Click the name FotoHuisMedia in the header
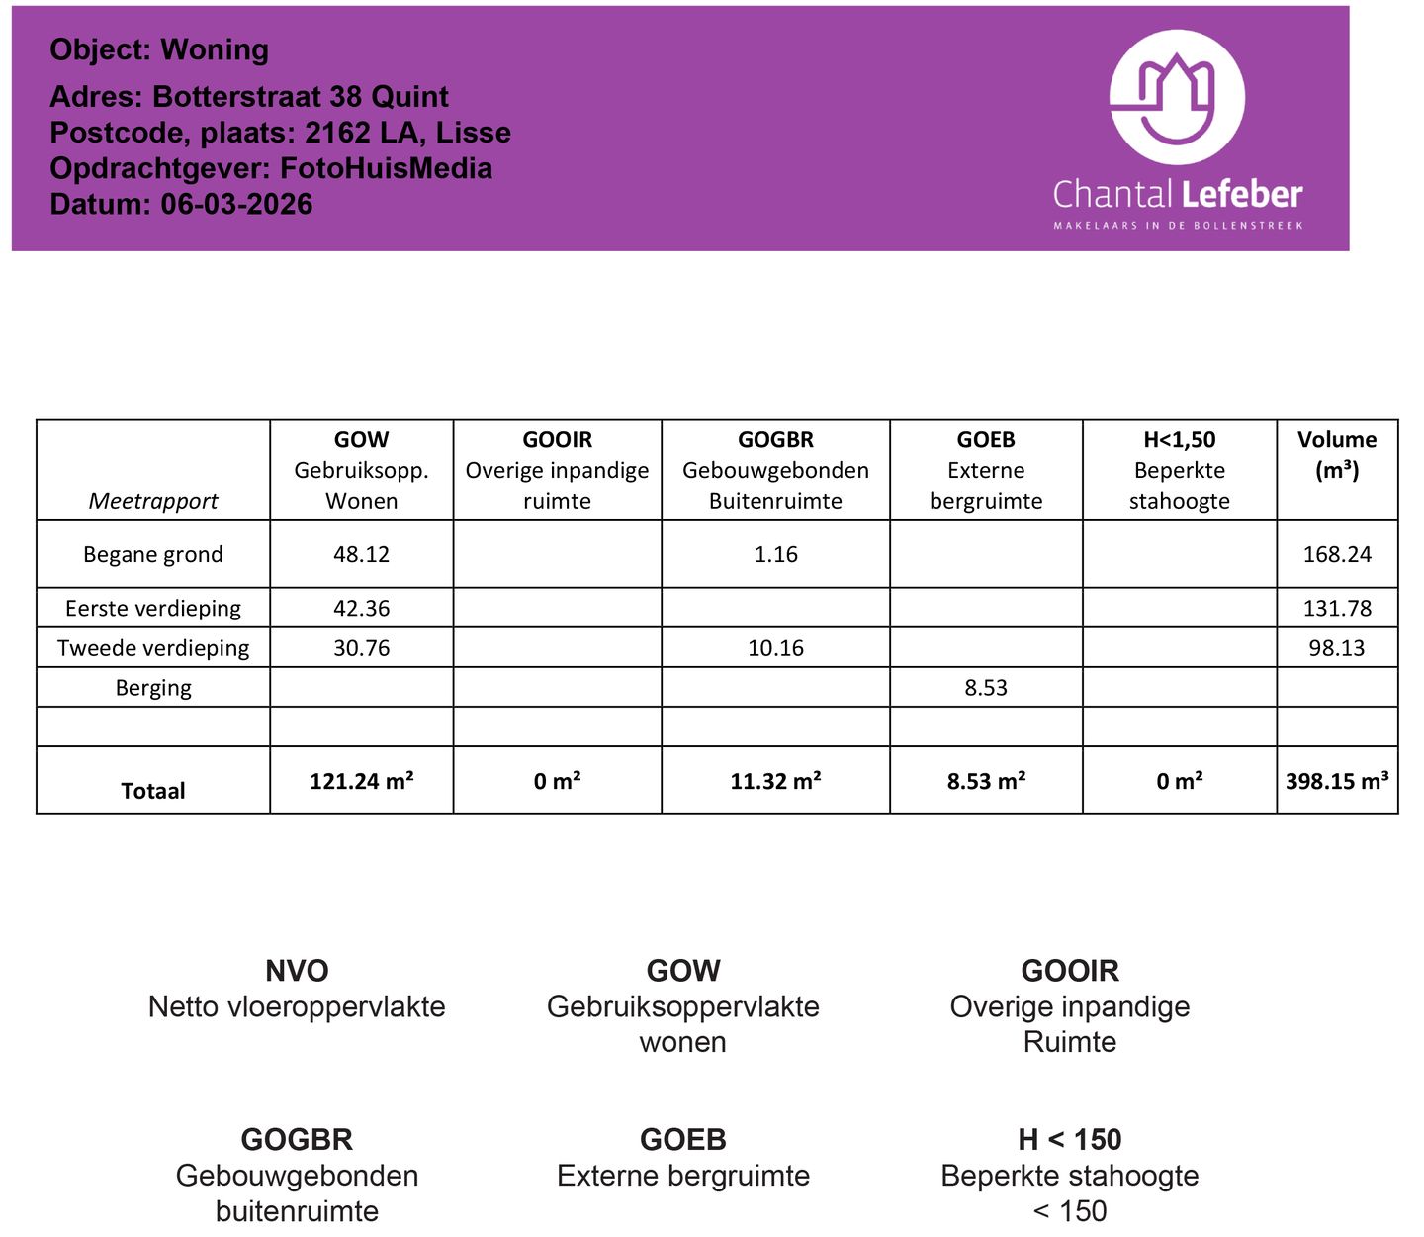point(386,168)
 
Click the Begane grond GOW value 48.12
point(361,554)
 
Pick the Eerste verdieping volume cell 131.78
point(1337,608)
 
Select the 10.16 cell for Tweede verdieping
point(775,648)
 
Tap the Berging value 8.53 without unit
point(986,688)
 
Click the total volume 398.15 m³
point(1337,781)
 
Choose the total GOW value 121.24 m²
point(361,781)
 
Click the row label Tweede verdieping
point(153,648)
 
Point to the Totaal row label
point(153,791)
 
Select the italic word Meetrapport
point(153,501)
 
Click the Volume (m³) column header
point(1337,454)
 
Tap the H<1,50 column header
point(1179,440)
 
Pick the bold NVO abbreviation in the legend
point(297,971)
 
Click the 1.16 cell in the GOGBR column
point(775,554)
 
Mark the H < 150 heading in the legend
point(1069,1140)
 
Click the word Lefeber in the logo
point(1241,194)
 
